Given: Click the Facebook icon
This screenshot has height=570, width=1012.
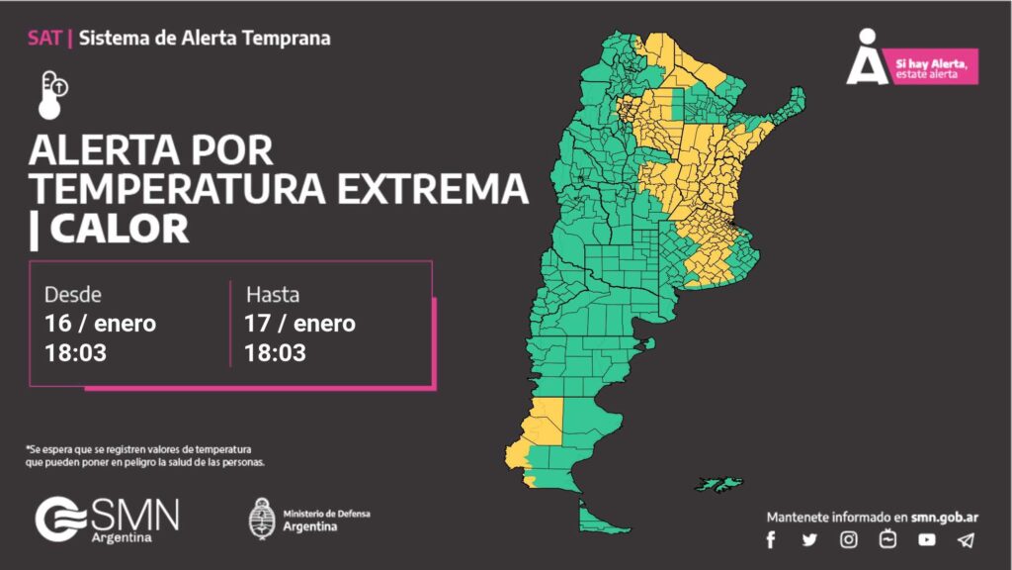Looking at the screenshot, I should click(771, 539).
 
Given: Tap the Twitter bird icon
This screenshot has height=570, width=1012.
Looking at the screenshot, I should click(809, 539).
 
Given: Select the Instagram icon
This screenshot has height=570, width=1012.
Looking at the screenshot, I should click(849, 539).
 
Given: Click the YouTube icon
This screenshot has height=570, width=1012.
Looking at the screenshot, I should click(926, 539).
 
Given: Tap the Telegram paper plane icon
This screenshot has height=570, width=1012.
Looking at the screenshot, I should click(966, 539).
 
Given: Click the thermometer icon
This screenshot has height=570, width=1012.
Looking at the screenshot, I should click(53, 94).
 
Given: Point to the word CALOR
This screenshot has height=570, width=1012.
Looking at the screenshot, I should click(119, 230).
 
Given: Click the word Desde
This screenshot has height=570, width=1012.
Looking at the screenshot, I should click(73, 295).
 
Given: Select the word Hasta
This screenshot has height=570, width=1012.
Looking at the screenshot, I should click(273, 295).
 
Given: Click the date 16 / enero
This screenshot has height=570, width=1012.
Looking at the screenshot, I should click(100, 324).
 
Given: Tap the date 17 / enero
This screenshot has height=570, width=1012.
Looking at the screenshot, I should click(299, 324).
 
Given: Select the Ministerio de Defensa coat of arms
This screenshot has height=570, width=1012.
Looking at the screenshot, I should click(262, 518).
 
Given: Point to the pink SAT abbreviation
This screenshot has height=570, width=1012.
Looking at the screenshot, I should click(44, 39).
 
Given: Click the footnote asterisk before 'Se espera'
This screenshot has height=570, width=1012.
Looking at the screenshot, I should click(29, 448).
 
